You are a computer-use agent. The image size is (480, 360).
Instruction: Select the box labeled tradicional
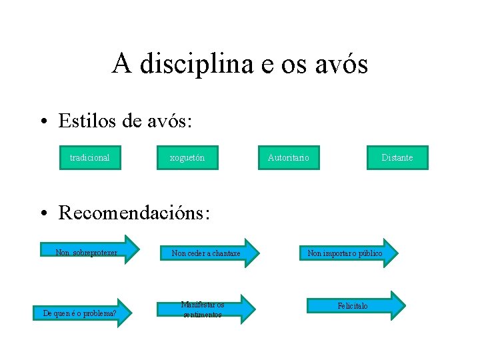(x=90, y=157)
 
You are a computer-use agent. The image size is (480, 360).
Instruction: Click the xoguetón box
(x=187, y=157)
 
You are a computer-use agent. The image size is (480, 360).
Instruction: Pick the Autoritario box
(x=288, y=157)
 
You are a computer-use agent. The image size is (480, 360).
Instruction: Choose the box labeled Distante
(x=397, y=157)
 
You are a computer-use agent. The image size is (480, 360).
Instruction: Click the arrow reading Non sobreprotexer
(x=90, y=251)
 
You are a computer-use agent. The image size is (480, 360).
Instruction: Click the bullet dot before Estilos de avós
(x=43, y=121)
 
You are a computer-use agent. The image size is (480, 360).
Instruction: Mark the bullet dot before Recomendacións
(x=43, y=213)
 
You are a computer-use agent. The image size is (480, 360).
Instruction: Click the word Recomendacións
(x=134, y=213)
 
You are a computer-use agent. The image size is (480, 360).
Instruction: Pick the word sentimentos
(x=203, y=314)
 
